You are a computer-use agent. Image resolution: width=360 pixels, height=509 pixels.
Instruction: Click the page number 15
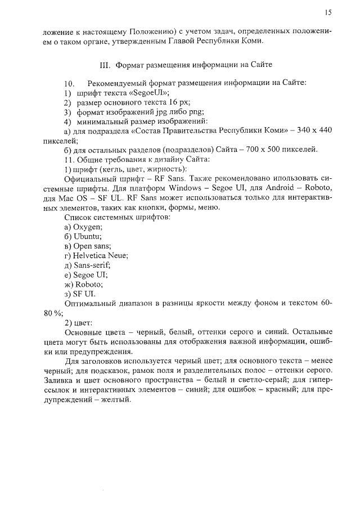click(x=328, y=12)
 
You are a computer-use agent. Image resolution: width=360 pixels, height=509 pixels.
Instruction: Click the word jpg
click(x=153, y=111)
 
